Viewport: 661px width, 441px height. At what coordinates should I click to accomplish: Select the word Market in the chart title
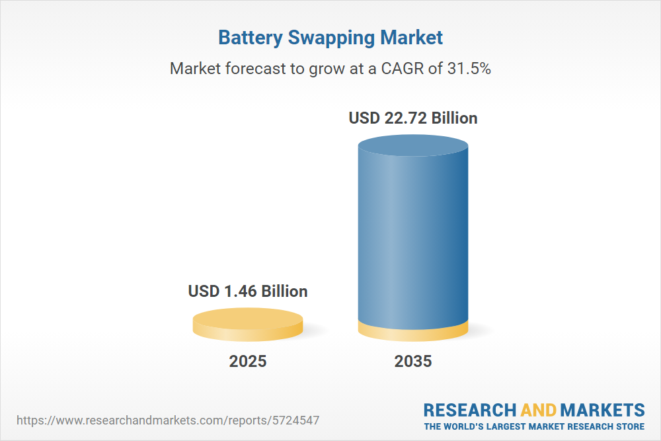tap(411, 38)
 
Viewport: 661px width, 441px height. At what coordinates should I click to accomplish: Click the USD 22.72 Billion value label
tap(413, 118)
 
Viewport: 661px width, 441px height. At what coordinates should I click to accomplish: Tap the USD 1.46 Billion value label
tap(248, 291)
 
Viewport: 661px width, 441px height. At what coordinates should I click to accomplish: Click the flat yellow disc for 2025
tap(248, 324)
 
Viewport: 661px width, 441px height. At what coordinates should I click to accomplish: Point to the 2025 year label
tap(248, 362)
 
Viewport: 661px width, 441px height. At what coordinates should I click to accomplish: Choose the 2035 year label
tap(413, 362)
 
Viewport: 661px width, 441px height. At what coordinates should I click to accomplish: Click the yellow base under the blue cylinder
tap(413, 333)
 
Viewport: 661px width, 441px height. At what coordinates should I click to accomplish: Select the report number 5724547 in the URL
tap(297, 420)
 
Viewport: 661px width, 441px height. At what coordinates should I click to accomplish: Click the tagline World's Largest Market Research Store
tap(534, 426)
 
